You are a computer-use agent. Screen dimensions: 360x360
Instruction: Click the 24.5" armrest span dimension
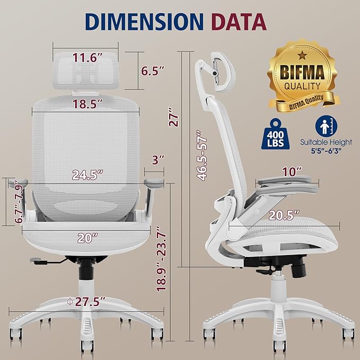pyautogui.click(x=89, y=174)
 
